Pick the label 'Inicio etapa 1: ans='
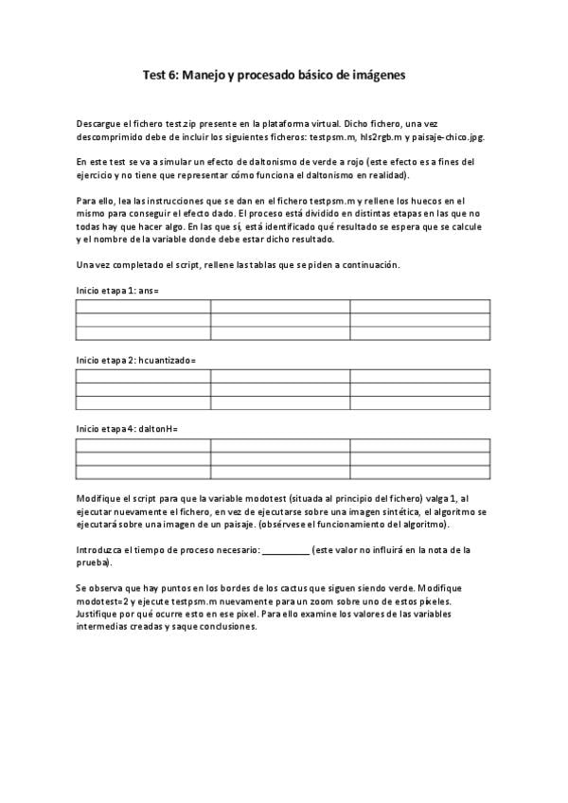pos(117,291)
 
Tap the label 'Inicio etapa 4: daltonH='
pos(127,429)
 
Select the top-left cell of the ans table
pos(143,306)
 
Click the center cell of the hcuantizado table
pos(281,389)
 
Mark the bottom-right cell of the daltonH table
pos(420,472)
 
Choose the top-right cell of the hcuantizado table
pos(420,376)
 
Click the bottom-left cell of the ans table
pos(143,332)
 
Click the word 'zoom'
pos(365,601)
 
